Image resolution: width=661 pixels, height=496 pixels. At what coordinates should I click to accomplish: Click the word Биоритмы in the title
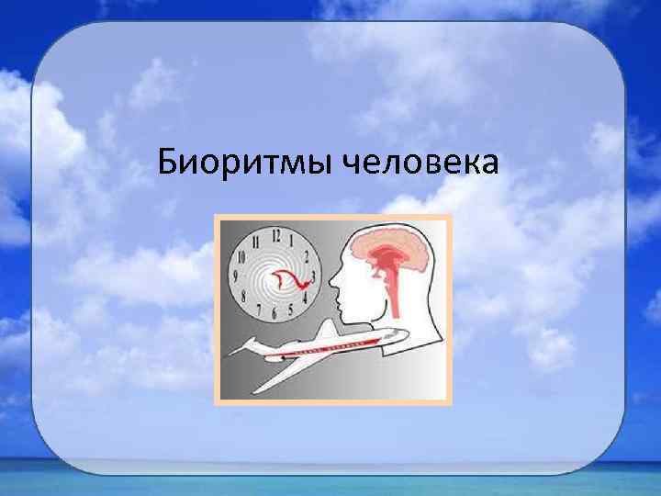[244, 163]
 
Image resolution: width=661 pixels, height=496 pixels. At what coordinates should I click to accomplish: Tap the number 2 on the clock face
[308, 253]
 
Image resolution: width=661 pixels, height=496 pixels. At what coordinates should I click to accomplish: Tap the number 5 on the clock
[290, 317]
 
